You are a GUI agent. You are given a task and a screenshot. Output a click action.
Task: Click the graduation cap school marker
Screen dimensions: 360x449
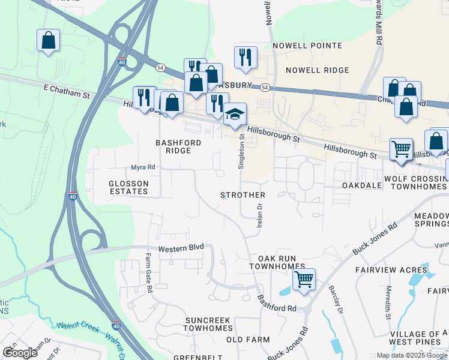pyautogui.click(x=235, y=114)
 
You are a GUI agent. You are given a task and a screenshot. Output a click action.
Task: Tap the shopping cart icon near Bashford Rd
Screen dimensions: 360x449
pyautogui.click(x=304, y=280)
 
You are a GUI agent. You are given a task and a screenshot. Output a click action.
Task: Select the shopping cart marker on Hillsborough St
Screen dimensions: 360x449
pyautogui.click(x=401, y=148)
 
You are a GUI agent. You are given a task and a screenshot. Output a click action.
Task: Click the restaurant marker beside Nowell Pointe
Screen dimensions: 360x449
pyautogui.click(x=246, y=58)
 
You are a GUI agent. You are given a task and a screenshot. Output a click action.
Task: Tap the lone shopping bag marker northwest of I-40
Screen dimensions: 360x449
pyautogui.click(x=49, y=41)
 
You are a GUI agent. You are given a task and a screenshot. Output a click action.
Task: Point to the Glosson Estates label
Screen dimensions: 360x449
pyautogui.click(x=128, y=187)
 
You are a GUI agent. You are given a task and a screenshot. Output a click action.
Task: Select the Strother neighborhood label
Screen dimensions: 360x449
pyautogui.click(x=243, y=196)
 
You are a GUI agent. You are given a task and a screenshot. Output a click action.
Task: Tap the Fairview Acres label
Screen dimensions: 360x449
pyautogui.click(x=391, y=270)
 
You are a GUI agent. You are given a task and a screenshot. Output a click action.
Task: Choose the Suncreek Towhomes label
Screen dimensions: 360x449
pyautogui.click(x=208, y=325)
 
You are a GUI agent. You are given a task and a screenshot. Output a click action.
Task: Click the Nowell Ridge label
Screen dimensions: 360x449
pyautogui.click(x=317, y=70)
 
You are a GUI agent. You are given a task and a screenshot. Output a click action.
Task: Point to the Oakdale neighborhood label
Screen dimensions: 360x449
pyautogui.click(x=362, y=186)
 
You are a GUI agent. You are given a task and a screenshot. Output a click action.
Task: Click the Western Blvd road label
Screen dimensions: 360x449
pyautogui.click(x=181, y=247)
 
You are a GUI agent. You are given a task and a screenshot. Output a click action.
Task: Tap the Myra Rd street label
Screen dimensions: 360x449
pyautogui.click(x=143, y=167)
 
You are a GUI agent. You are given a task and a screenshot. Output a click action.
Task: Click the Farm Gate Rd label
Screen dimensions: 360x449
pyautogui.click(x=148, y=273)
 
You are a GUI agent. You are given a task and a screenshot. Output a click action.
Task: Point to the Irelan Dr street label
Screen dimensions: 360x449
pyautogui.click(x=260, y=215)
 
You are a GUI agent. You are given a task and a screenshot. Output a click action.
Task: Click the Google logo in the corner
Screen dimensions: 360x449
pyautogui.click(x=20, y=353)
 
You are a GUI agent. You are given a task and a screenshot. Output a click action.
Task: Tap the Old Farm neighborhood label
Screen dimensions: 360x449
pyautogui.click(x=248, y=340)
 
